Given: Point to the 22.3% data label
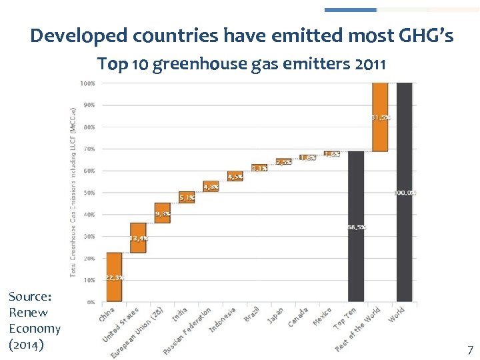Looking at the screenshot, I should coord(114,277).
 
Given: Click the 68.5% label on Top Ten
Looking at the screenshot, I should coord(357,227).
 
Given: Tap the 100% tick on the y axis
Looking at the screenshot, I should coord(87,83).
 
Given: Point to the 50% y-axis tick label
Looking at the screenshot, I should coord(88,193).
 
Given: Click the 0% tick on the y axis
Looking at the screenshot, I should coord(89,302).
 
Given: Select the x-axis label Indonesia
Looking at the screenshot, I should coord(223,320).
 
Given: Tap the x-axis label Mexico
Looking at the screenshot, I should coord(322,316).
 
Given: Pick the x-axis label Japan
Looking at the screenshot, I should coord(275,315).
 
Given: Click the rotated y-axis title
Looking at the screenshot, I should coord(72,192).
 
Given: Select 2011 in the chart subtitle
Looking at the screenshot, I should coord(371,65).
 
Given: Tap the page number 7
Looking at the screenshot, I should coord(470,349).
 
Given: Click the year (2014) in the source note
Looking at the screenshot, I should coord(27,345).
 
